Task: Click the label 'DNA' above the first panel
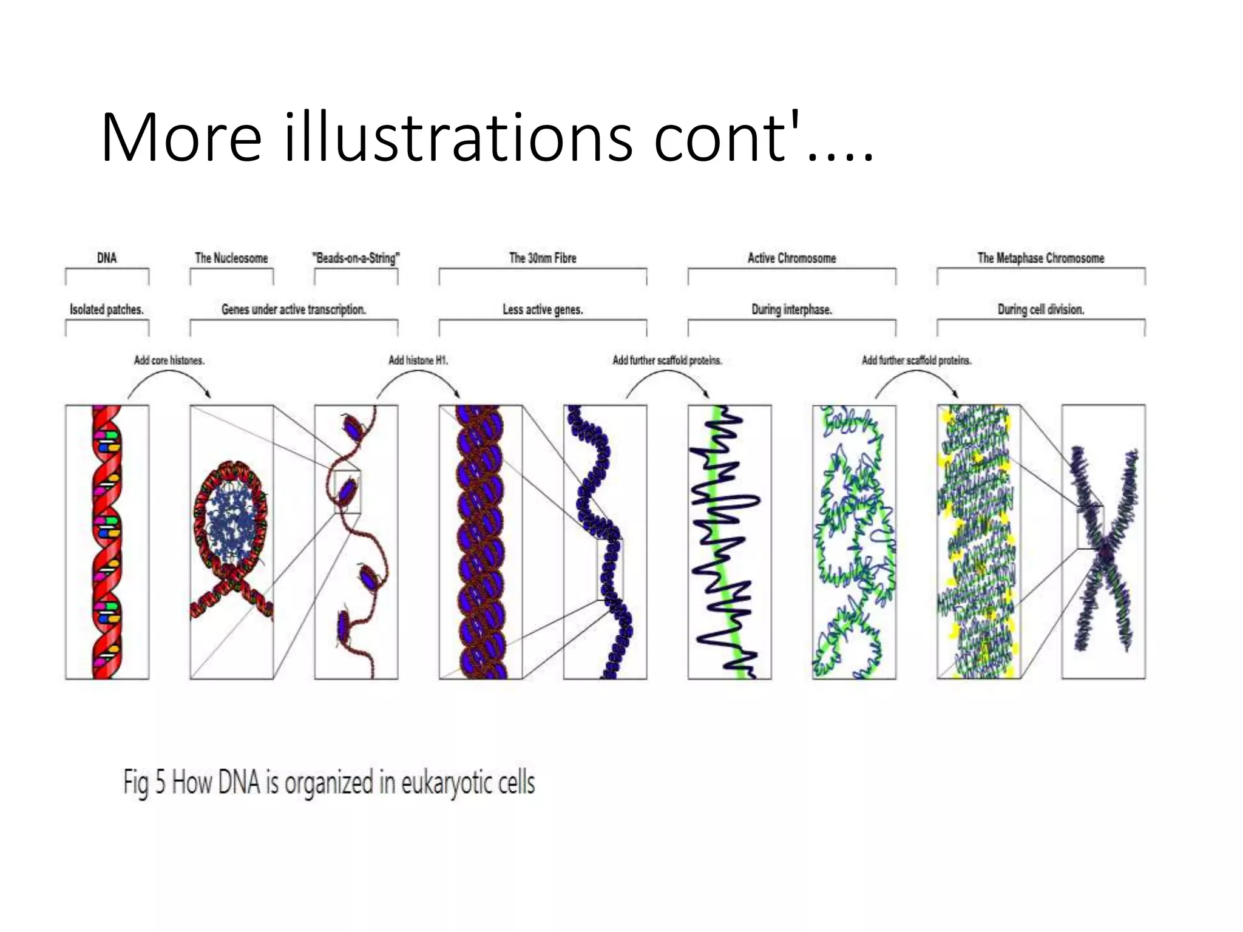pos(107,258)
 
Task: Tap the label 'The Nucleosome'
pos(231,258)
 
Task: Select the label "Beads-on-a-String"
pos(356,258)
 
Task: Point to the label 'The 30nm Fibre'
pos(543,258)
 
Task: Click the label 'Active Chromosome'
pos(791,258)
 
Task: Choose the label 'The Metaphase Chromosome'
pos(1040,258)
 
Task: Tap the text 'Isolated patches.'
pos(107,309)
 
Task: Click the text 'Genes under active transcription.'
pos(294,309)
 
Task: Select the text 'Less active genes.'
pos(543,309)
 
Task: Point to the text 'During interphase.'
pos(791,309)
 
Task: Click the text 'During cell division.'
pos(1040,309)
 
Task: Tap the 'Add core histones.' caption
pos(169,360)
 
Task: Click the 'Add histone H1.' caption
pos(418,360)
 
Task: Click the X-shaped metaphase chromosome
pos(1103,546)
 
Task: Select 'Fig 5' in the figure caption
pos(144,783)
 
